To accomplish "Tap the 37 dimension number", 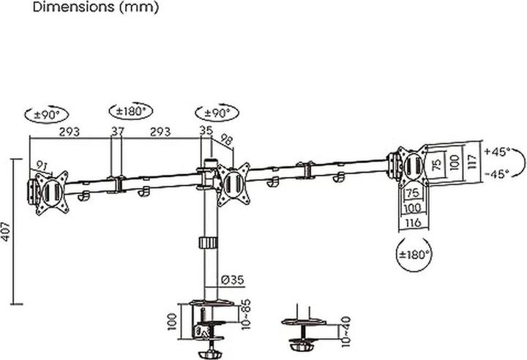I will click(118, 132).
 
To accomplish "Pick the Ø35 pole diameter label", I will click(231, 279).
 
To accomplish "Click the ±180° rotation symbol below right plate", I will click(414, 255).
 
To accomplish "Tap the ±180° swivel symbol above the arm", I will click(131, 112).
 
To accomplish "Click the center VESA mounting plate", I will click(233, 182).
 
